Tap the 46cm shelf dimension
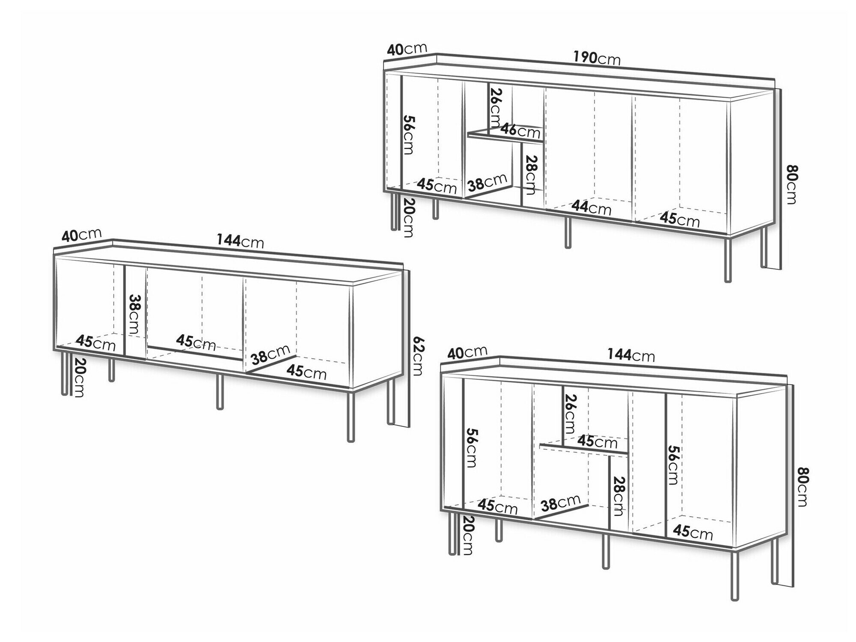pos(520,130)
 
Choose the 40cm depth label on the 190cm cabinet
pos(407,49)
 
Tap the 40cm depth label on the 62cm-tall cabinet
pos(82,235)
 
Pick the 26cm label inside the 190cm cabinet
pos(496,107)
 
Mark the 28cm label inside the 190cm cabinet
pos(529,175)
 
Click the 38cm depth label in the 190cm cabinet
pos(487,182)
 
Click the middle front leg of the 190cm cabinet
pos(568,232)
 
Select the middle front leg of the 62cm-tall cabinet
pos(220,392)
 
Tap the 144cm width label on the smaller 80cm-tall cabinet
pos(631,354)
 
